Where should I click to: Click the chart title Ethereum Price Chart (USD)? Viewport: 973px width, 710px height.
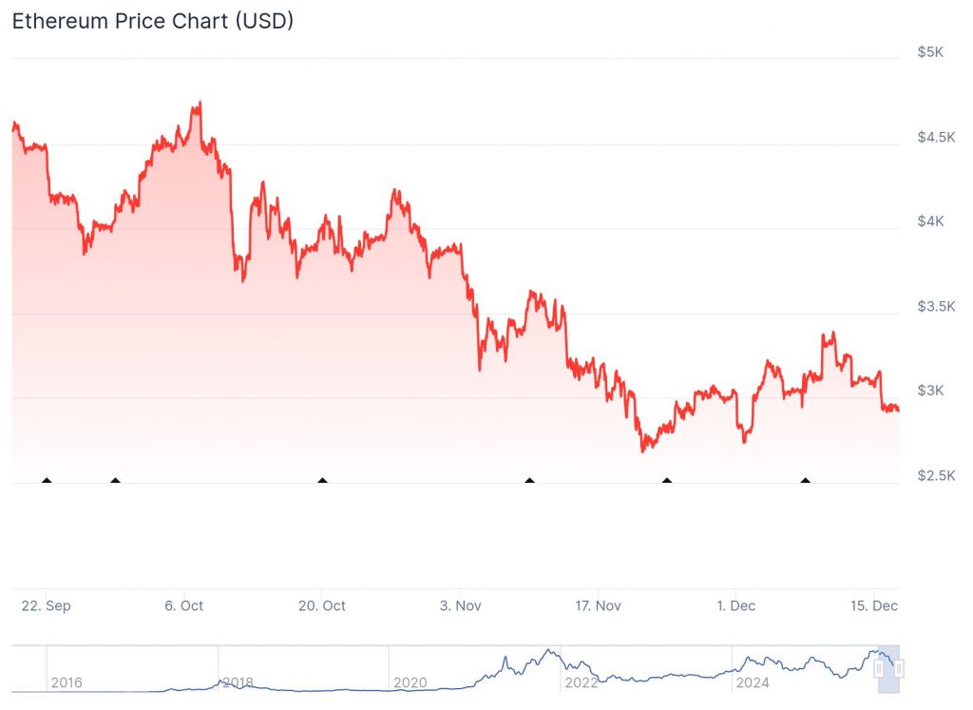(x=152, y=21)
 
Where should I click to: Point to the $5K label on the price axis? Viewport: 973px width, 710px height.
(x=930, y=52)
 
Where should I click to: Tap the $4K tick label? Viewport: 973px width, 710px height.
(x=930, y=221)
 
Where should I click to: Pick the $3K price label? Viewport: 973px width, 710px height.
(x=930, y=391)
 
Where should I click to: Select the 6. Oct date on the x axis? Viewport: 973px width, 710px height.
(x=184, y=605)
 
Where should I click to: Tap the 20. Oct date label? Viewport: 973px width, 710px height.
(x=322, y=605)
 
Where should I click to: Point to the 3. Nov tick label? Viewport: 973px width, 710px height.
(x=460, y=605)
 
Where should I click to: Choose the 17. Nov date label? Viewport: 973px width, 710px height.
(x=598, y=605)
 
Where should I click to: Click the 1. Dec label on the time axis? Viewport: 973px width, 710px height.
(x=735, y=605)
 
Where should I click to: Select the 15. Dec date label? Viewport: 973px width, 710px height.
(x=873, y=605)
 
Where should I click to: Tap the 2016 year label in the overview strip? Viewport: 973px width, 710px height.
(x=67, y=682)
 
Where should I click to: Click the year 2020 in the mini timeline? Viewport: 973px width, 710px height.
(x=410, y=682)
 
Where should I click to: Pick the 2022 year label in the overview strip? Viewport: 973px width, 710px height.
(x=581, y=682)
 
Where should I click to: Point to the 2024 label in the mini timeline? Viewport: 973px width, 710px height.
(x=752, y=682)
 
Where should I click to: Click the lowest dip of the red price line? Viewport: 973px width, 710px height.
(x=642, y=451)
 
